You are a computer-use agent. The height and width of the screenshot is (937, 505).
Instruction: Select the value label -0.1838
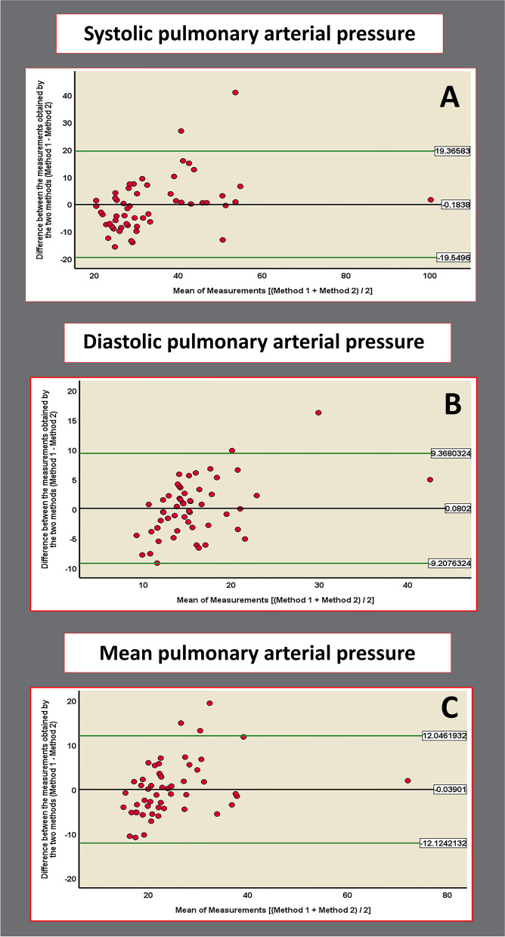[x=457, y=205]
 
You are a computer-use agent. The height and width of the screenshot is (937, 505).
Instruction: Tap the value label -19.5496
[x=454, y=258]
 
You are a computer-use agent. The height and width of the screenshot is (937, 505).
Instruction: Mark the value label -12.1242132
[x=442, y=843]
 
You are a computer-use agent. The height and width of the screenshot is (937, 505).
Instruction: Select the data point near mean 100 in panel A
[x=430, y=200]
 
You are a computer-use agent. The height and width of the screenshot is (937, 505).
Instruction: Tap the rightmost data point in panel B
[x=429, y=479]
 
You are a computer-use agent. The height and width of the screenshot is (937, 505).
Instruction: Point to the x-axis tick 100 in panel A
[x=429, y=277]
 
